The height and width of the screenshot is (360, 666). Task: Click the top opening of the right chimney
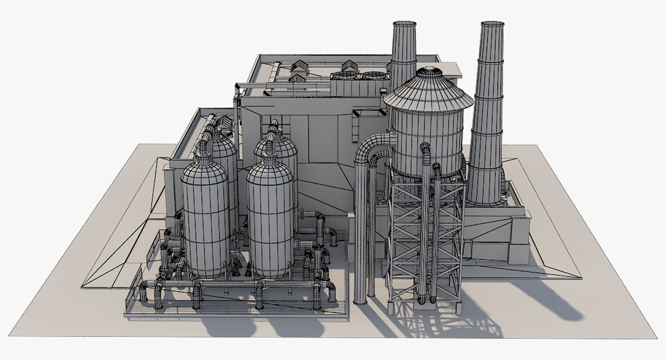coord(492,24)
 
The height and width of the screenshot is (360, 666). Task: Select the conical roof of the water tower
coord(427,92)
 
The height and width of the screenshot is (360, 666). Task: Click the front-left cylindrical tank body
coord(205,222)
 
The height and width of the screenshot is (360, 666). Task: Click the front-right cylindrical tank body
coord(270,222)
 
